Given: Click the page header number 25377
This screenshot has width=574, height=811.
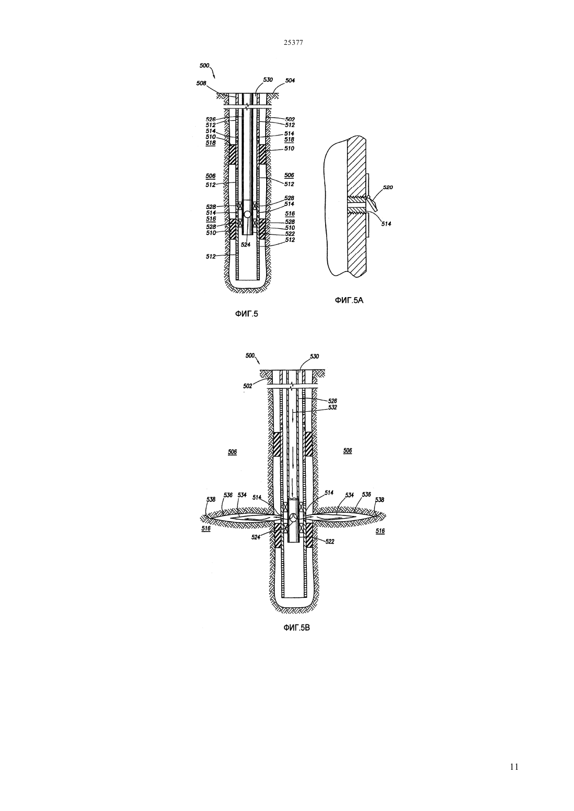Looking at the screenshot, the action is [293, 43].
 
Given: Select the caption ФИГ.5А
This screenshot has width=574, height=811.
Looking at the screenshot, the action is [349, 300].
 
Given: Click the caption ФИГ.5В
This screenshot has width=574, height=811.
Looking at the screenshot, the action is [296, 628].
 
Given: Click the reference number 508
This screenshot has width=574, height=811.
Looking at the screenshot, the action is [201, 83].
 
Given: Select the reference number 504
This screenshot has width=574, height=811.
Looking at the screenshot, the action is [290, 80].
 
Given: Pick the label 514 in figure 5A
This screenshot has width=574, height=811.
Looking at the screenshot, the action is [386, 224].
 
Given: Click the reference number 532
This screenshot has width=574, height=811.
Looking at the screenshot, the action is [332, 407].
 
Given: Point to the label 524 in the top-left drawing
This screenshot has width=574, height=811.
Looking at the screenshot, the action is [246, 245].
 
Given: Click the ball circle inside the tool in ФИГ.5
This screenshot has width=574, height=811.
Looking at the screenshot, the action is [247, 214].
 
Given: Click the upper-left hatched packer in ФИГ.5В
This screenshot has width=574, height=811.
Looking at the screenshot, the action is [277, 444].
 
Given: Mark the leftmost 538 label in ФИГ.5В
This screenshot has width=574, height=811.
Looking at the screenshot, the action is [211, 499].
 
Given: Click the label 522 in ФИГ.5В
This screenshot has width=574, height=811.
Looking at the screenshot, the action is [329, 541].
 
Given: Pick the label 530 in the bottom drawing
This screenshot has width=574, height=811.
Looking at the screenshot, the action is [314, 357].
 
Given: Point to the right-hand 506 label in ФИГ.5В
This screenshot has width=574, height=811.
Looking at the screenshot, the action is [348, 451].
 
